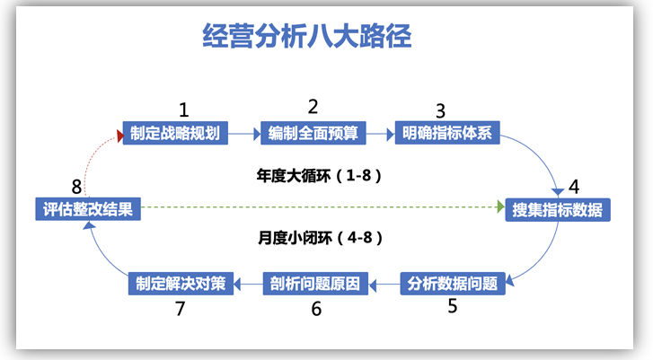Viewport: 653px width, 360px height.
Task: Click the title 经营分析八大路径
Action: [x=307, y=36]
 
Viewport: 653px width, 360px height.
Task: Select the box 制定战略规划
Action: [x=175, y=133]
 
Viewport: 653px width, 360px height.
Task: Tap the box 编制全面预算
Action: [x=313, y=133]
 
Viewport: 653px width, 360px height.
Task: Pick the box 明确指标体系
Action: [x=447, y=133]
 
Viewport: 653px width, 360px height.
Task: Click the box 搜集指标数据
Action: [x=558, y=210]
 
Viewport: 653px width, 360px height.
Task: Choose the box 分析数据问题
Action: [x=453, y=284]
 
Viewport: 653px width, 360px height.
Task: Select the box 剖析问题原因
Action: [x=315, y=284]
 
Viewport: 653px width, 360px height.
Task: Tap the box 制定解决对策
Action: [x=181, y=284]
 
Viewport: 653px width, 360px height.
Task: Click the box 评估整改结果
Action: [x=88, y=209]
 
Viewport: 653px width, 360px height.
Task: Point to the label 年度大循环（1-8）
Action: [x=319, y=176]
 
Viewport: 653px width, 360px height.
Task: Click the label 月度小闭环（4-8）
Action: [x=320, y=238]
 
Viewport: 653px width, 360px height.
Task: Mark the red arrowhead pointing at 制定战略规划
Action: [x=120, y=136]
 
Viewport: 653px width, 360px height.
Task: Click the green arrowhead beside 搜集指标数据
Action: [x=501, y=206]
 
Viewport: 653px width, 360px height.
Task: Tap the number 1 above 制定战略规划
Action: [x=183, y=110]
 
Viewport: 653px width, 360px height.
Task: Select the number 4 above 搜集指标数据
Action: [x=574, y=187]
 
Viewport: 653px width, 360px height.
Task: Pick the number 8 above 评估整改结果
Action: [x=76, y=187]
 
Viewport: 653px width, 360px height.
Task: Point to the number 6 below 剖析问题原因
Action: [x=316, y=309]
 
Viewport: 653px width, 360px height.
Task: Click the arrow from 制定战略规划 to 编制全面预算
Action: [x=244, y=134]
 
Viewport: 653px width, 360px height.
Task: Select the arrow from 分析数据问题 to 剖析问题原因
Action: [x=384, y=285]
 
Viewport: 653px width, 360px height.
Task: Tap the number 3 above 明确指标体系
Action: [x=440, y=111]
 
